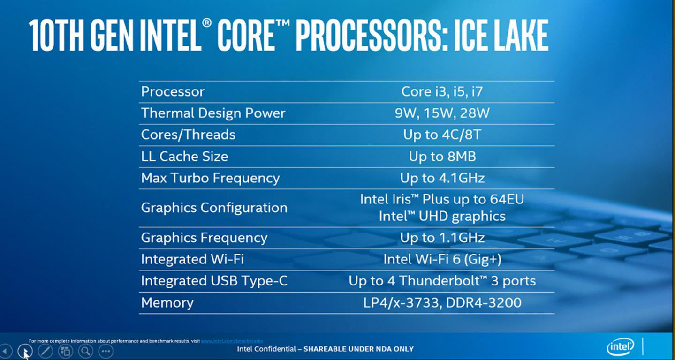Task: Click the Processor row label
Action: [173, 91]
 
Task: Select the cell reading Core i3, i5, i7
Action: [441, 91]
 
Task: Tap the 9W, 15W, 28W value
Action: [441, 113]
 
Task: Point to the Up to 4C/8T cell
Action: [441, 135]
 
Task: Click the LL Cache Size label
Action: [184, 157]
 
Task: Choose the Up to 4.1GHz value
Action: [441, 178]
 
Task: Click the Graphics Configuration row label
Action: [214, 208]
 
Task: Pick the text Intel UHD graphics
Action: [441, 216]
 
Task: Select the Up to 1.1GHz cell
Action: [441, 238]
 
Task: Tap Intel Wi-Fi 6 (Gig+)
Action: [441, 259]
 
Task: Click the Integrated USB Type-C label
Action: [214, 281]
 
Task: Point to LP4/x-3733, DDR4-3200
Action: [441, 302]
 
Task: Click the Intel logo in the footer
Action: [620, 347]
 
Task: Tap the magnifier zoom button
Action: [85, 351]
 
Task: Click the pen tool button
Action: [45, 351]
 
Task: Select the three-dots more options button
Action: [106, 351]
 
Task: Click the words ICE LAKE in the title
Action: [501, 36]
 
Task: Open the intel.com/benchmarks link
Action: [232, 341]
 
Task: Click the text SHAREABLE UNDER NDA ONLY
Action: [358, 349]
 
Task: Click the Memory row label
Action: [167, 302]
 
